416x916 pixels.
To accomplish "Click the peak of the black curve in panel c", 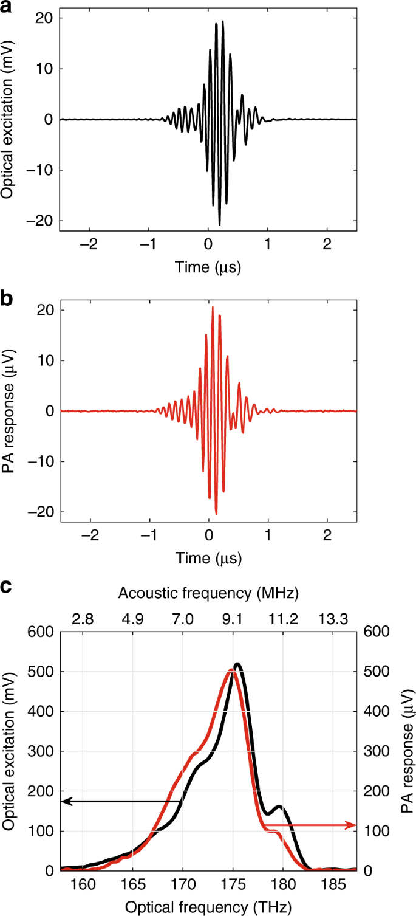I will point(237,664).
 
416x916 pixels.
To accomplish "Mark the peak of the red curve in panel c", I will point(231,670).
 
